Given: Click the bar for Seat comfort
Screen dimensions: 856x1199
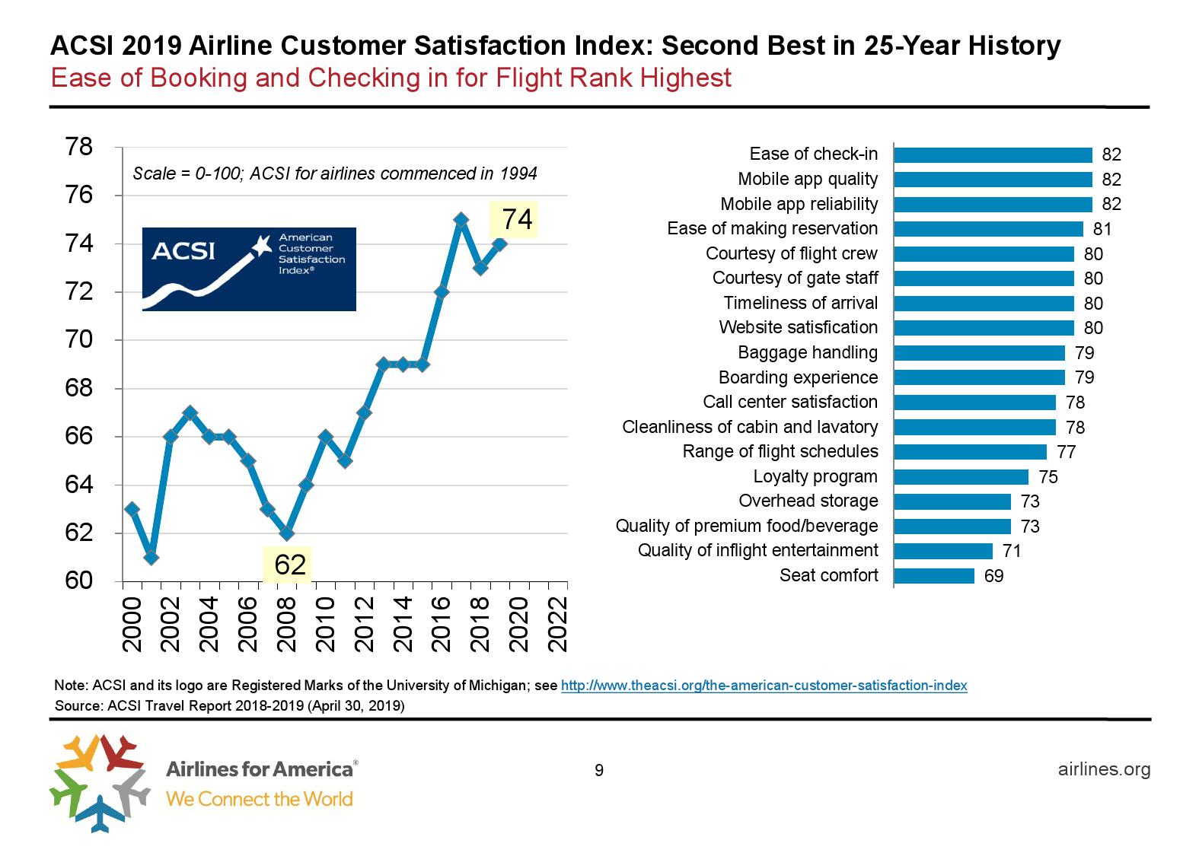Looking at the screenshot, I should click(x=933, y=576).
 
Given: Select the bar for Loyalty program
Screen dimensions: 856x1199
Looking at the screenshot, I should click(x=961, y=477).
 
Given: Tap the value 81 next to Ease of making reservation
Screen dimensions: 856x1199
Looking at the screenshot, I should click(x=1102, y=229).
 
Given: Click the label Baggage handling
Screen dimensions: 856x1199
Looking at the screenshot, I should click(x=807, y=352).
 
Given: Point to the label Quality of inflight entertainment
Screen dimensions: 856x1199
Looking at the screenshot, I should click(x=757, y=550).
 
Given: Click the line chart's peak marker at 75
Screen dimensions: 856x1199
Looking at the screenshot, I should click(x=461, y=220).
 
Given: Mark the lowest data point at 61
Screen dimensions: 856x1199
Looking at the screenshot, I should click(x=151, y=557).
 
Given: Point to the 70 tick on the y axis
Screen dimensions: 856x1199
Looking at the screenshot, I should click(x=80, y=340).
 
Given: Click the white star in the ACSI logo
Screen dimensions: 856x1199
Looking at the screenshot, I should click(x=261, y=245).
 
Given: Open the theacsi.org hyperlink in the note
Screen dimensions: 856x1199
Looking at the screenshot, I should click(x=764, y=686).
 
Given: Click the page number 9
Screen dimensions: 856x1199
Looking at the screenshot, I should click(x=599, y=771).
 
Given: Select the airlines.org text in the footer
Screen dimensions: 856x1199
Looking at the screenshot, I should click(x=1104, y=769).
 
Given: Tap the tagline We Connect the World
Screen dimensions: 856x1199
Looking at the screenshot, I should click(x=260, y=799).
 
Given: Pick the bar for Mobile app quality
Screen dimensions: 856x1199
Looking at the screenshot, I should click(x=993, y=180).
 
